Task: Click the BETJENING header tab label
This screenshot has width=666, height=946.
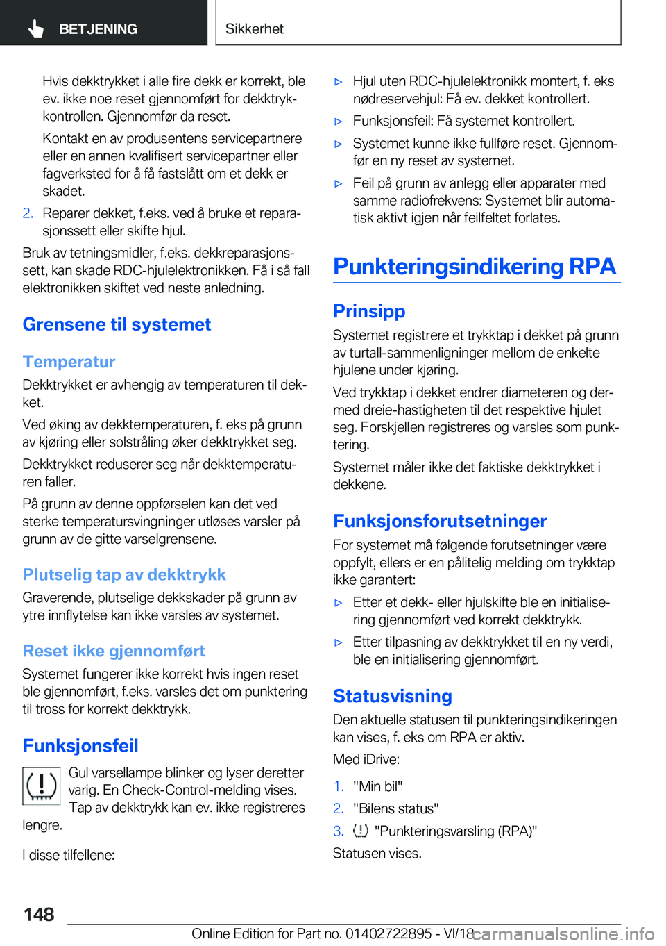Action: pyautogui.click(x=98, y=29)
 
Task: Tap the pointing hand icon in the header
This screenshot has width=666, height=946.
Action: pyautogui.click(x=36, y=28)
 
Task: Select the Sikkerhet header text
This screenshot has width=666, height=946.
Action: pyautogui.click(x=255, y=28)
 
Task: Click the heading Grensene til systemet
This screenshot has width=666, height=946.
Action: pyautogui.click(x=117, y=324)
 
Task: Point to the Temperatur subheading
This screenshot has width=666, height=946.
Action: pyautogui.click(x=69, y=362)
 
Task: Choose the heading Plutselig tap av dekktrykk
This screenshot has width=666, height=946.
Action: pyautogui.click(x=124, y=574)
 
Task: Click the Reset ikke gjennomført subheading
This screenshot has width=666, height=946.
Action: pyautogui.click(x=114, y=651)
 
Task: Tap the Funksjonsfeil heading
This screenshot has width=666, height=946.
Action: pyautogui.click(x=80, y=745)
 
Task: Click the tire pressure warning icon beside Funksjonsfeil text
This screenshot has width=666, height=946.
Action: pyautogui.click(x=42, y=786)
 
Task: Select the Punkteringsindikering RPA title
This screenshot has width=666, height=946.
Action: pyautogui.click(x=475, y=266)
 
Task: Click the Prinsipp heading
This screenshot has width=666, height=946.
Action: pyautogui.click(x=369, y=311)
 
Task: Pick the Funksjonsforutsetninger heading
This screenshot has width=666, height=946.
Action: pyautogui.click(x=440, y=521)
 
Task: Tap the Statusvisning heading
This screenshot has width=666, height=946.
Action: pyautogui.click(x=393, y=696)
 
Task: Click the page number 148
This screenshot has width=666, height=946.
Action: pyautogui.click(x=39, y=914)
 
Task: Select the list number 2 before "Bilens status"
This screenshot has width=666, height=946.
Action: pyautogui.click(x=338, y=808)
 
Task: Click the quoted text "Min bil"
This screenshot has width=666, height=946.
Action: pyautogui.click(x=378, y=786)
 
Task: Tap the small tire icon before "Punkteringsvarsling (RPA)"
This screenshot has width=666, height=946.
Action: pyautogui.click(x=361, y=831)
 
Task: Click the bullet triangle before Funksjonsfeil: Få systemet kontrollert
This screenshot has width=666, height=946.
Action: pyautogui.click(x=339, y=122)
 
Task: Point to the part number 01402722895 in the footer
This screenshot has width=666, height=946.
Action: pyautogui.click(x=388, y=933)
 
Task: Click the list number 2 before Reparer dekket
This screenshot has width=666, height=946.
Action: pyautogui.click(x=28, y=213)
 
